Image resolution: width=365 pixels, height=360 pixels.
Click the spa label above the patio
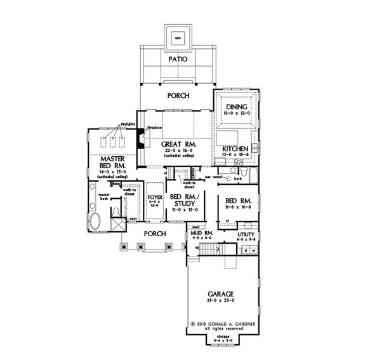(x=178, y=37)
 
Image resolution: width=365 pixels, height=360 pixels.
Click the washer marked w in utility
(x=253, y=248)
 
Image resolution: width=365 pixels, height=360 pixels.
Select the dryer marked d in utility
(x=244, y=248)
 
